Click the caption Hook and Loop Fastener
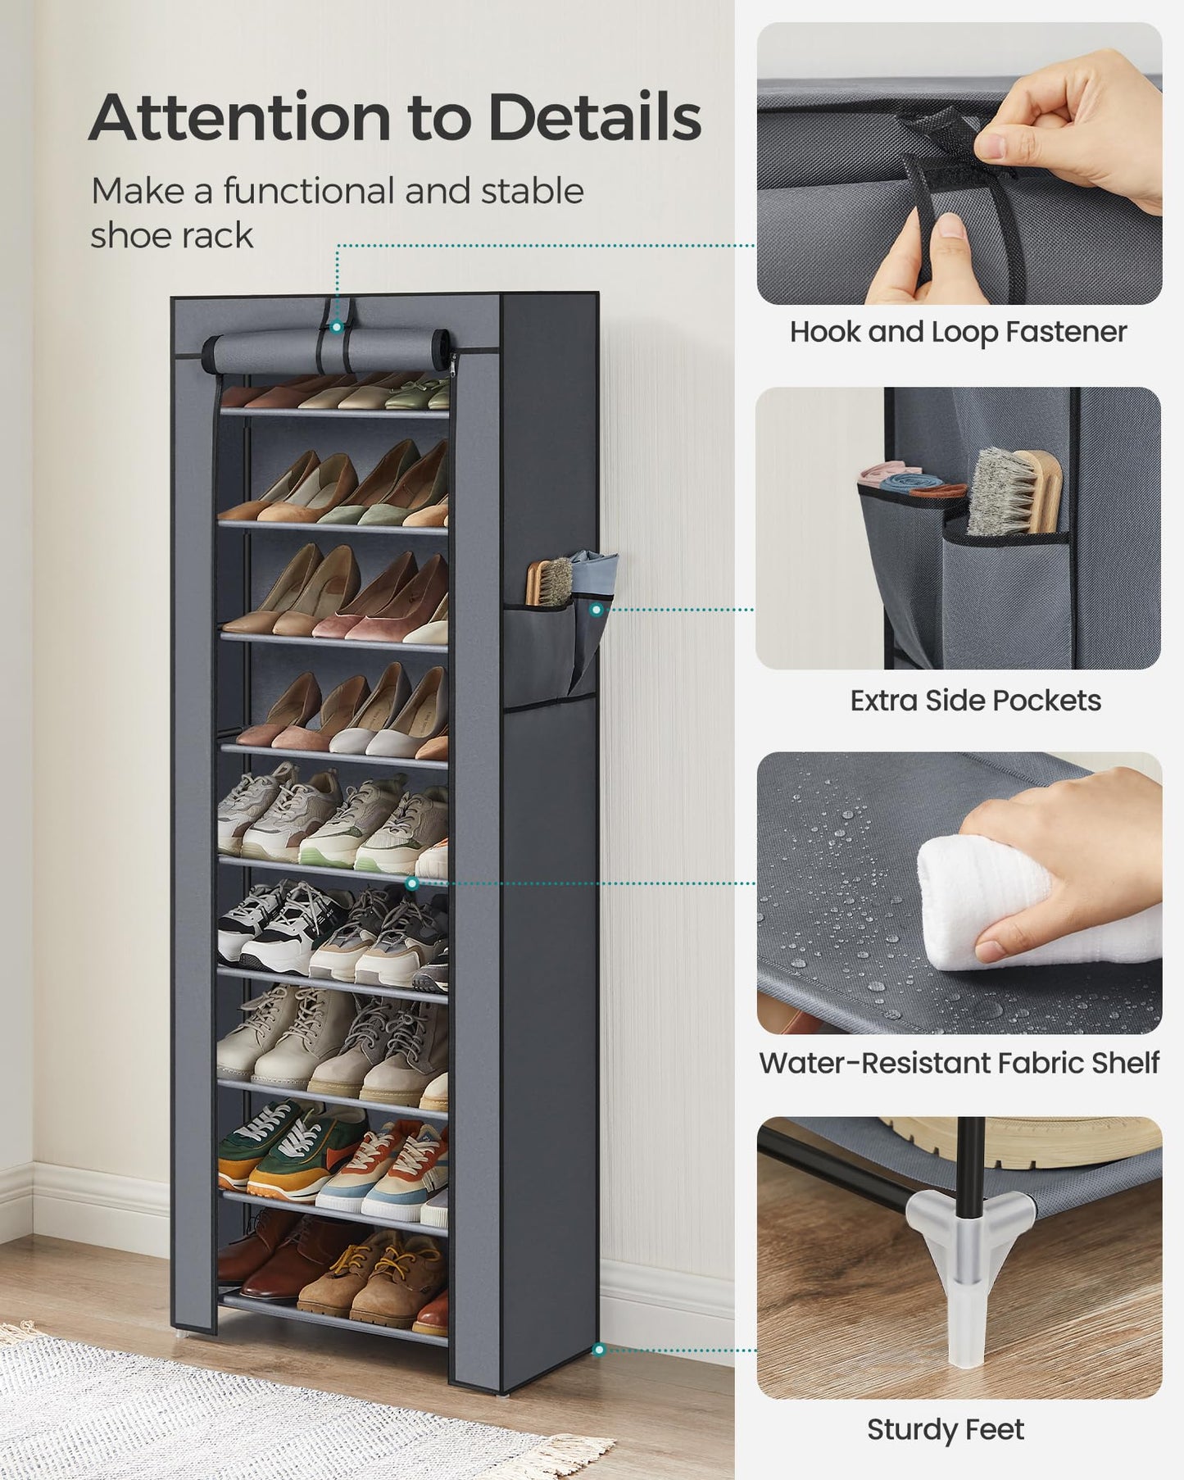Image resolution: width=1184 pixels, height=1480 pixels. [x=958, y=332]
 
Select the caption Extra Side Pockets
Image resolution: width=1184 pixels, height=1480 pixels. [x=975, y=701]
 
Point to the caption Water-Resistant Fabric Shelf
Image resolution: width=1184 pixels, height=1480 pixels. [x=959, y=1063]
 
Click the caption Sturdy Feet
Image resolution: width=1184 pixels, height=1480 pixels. [x=946, y=1429]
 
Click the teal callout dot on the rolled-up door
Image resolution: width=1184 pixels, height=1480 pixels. [x=337, y=326]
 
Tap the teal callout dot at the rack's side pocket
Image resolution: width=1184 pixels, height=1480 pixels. [x=597, y=610]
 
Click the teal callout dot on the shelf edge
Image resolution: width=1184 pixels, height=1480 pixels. [x=412, y=883]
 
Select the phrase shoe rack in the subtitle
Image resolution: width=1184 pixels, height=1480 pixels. [x=172, y=236]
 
